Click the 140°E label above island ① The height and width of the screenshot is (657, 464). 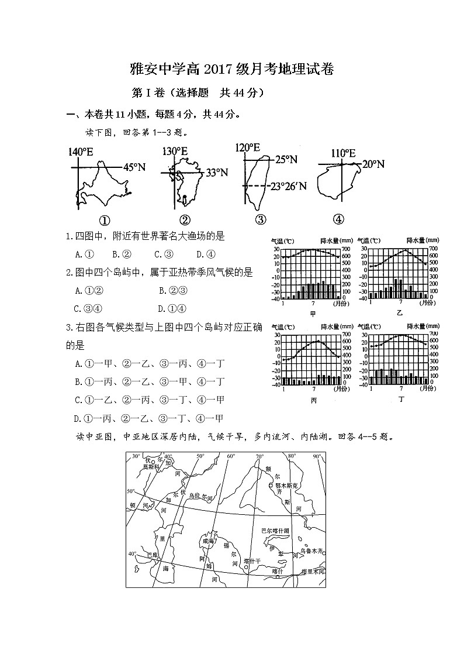pyautogui.click(x=81, y=153)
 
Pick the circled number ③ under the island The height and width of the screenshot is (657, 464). pyautogui.click(x=261, y=220)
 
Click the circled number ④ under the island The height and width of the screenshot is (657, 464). pyautogui.click(x=338, y=219)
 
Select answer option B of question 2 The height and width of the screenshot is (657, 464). pyautogui.click(x=172, y=290)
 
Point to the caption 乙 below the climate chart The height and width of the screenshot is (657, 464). pyautogui.click(x=400, y=313)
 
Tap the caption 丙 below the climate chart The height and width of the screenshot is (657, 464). pyautogui.click(x=313, y=401)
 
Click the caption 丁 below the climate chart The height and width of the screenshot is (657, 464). pyautogui.click(x=401, y=400)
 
